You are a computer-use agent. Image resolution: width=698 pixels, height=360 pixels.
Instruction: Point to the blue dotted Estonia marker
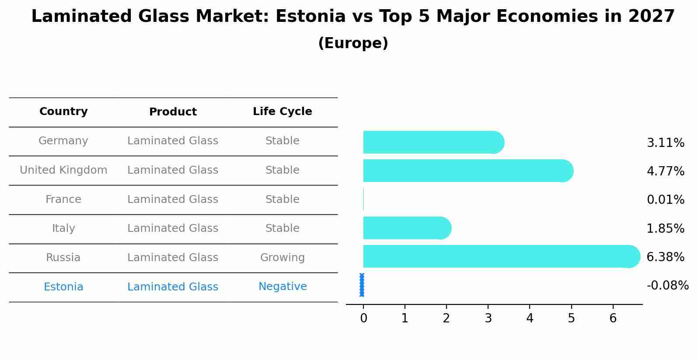pyautogui.click(x=362, y=285)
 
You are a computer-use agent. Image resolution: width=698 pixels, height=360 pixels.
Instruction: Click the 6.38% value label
pyautogui.click(x=665, y=257)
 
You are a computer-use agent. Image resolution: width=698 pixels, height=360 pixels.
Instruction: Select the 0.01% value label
pyautogui.click(x=665, y=200)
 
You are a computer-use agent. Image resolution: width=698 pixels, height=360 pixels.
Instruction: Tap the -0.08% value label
pyautogui.click(x=667, y=286)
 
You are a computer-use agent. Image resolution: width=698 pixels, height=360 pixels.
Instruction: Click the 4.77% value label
pyautogui.click(x=665, y=171)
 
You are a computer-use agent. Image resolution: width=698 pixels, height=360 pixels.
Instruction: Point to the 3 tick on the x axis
pyautogui.click(x=488, y=318)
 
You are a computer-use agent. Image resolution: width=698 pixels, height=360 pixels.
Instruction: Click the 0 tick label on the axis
pyautogui.click(x=363, y=318)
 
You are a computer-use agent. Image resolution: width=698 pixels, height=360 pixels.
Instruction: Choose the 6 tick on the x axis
pyautogui.click(x=613, y=318)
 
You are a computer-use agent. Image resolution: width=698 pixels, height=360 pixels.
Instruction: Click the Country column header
pyautogui.click(x=63, y=112)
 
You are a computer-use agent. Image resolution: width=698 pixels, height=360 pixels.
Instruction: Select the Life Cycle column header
pyautogui.click(x=282, y=112)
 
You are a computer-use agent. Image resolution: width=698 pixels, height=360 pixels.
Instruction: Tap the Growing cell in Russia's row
pyautogui.click(x=282, y=258)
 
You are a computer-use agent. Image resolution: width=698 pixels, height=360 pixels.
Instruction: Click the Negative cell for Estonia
pyautogui.click(x=282, y=287)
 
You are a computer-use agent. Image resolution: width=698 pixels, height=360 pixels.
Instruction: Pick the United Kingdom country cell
pyautogui.click(x=63, y=170)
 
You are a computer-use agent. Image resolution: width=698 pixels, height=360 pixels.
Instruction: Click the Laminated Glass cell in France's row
pyautogui.click(x=173, y=199)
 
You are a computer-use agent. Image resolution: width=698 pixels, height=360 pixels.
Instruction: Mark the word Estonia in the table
pyautogui.click(x=63, y=287)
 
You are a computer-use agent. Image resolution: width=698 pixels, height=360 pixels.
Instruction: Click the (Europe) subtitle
pyautogui.click(x=353, y=43)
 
